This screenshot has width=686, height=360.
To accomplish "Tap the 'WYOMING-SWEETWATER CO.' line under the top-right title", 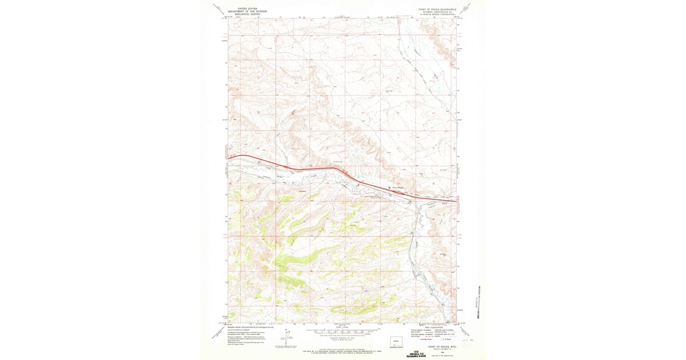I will [438, 11].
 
